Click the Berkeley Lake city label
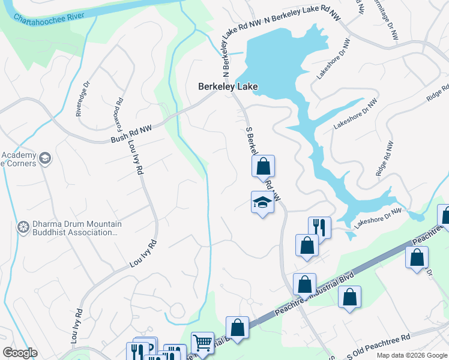(x=228, y=87)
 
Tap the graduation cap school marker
(x=262, y=203)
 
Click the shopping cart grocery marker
(x=202, y=343)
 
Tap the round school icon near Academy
(x=44, y=158)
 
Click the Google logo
(x=20, y=353)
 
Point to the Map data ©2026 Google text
(x=411, y=355)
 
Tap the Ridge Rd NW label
(x=385, y=158)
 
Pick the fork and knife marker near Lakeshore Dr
(x=319, y=227)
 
